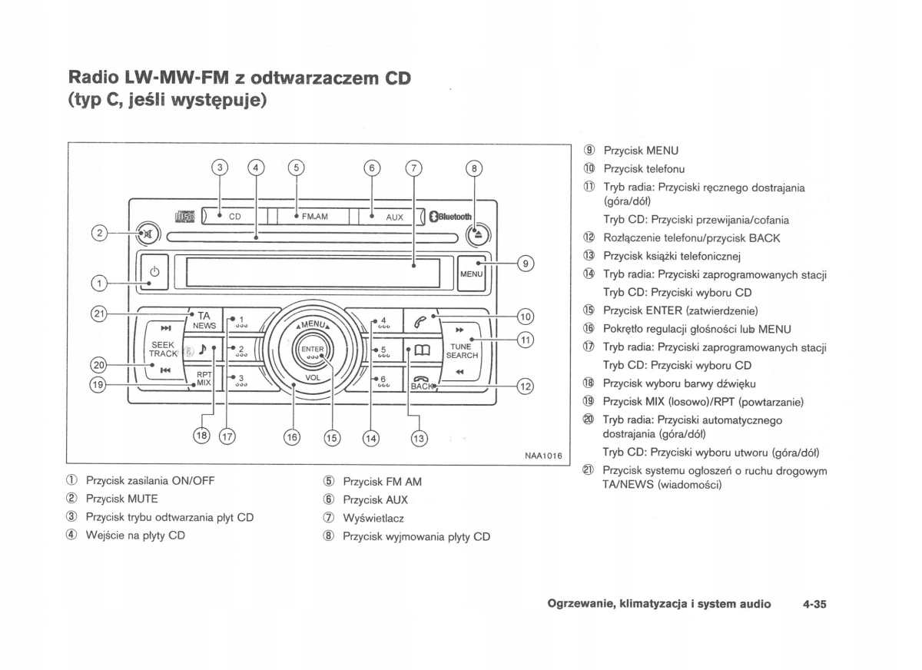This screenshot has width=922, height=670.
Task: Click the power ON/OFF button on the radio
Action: pos(154,273)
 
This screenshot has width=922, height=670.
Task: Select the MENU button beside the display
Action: pos(471,274)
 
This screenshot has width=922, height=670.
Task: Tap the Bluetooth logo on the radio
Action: pos(451,217)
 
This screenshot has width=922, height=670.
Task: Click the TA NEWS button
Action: pos(203,320)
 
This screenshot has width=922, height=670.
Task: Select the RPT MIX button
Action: pos(203,378)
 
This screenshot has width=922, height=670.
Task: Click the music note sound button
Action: pos(203,350)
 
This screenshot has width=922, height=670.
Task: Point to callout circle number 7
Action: pos(414,168)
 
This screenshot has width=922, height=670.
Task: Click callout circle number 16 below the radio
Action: pos(292,437)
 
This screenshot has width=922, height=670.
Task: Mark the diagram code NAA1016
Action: pos(542,456)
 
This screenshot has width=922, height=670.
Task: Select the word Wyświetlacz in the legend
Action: pos(373,519)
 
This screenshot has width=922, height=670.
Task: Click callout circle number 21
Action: pos(98,313)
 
